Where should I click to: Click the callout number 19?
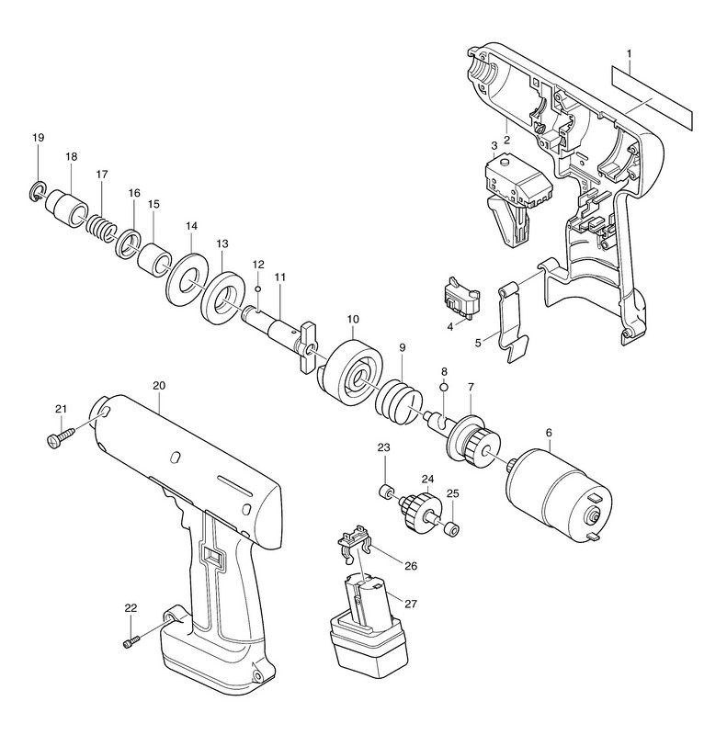click(38, 138)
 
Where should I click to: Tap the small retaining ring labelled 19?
click(37, 191)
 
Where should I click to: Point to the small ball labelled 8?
click(443, 387)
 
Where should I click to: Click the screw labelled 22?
click(130, 639)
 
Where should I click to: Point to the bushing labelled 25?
click(451, 528)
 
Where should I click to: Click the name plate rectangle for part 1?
click(650, 100)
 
